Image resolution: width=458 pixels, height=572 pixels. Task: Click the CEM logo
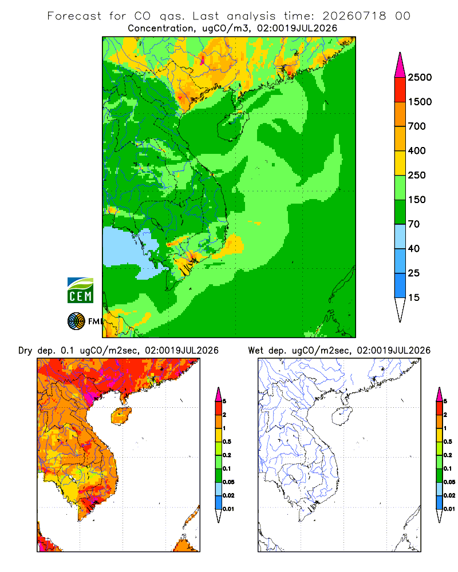tap(80, 291)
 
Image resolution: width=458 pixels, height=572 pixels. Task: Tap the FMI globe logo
tap(76, 321)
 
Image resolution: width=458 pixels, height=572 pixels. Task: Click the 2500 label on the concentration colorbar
tap(420, 77)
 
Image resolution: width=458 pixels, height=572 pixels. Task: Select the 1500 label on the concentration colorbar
tap(420, 102)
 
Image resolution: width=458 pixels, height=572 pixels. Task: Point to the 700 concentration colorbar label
tap(417, 126)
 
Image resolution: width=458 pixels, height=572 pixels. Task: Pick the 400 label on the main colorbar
tap(417, 150)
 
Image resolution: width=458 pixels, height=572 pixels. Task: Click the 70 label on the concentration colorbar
tap(414, 224)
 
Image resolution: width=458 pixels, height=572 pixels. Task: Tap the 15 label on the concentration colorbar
tap(414, 297)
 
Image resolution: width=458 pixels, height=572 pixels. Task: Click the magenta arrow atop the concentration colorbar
tap(400, 66)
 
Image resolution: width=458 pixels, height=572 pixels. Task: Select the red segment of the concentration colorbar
tap(400, 90)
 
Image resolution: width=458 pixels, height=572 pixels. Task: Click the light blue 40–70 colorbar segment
tap(400, 236)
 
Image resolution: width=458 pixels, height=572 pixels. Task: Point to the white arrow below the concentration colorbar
tap(400, 309)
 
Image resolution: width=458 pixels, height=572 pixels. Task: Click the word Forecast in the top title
tap(74, 16)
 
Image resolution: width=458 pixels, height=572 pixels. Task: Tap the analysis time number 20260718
tap(354, 16)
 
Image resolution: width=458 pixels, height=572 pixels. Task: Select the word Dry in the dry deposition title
tap(25, 351)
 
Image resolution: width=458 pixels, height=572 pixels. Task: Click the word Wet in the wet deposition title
tap(255, 351)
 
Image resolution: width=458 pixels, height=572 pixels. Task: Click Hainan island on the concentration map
tap(233, 125)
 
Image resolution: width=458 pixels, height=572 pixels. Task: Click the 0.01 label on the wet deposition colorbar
tap(449, 509)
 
